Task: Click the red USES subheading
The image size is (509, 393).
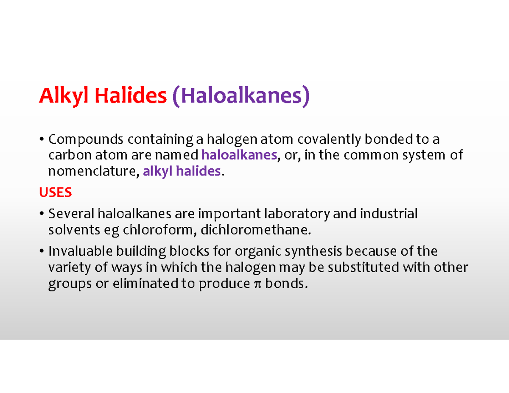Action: (x=55, y=193)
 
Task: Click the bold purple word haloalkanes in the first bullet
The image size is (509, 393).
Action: (x=240, y=155)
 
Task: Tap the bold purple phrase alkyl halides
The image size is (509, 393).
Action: (x=182, y=171)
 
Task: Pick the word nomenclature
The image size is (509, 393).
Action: (x=93, y=171)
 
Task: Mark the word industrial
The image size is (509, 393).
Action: (x=389, y=214)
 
